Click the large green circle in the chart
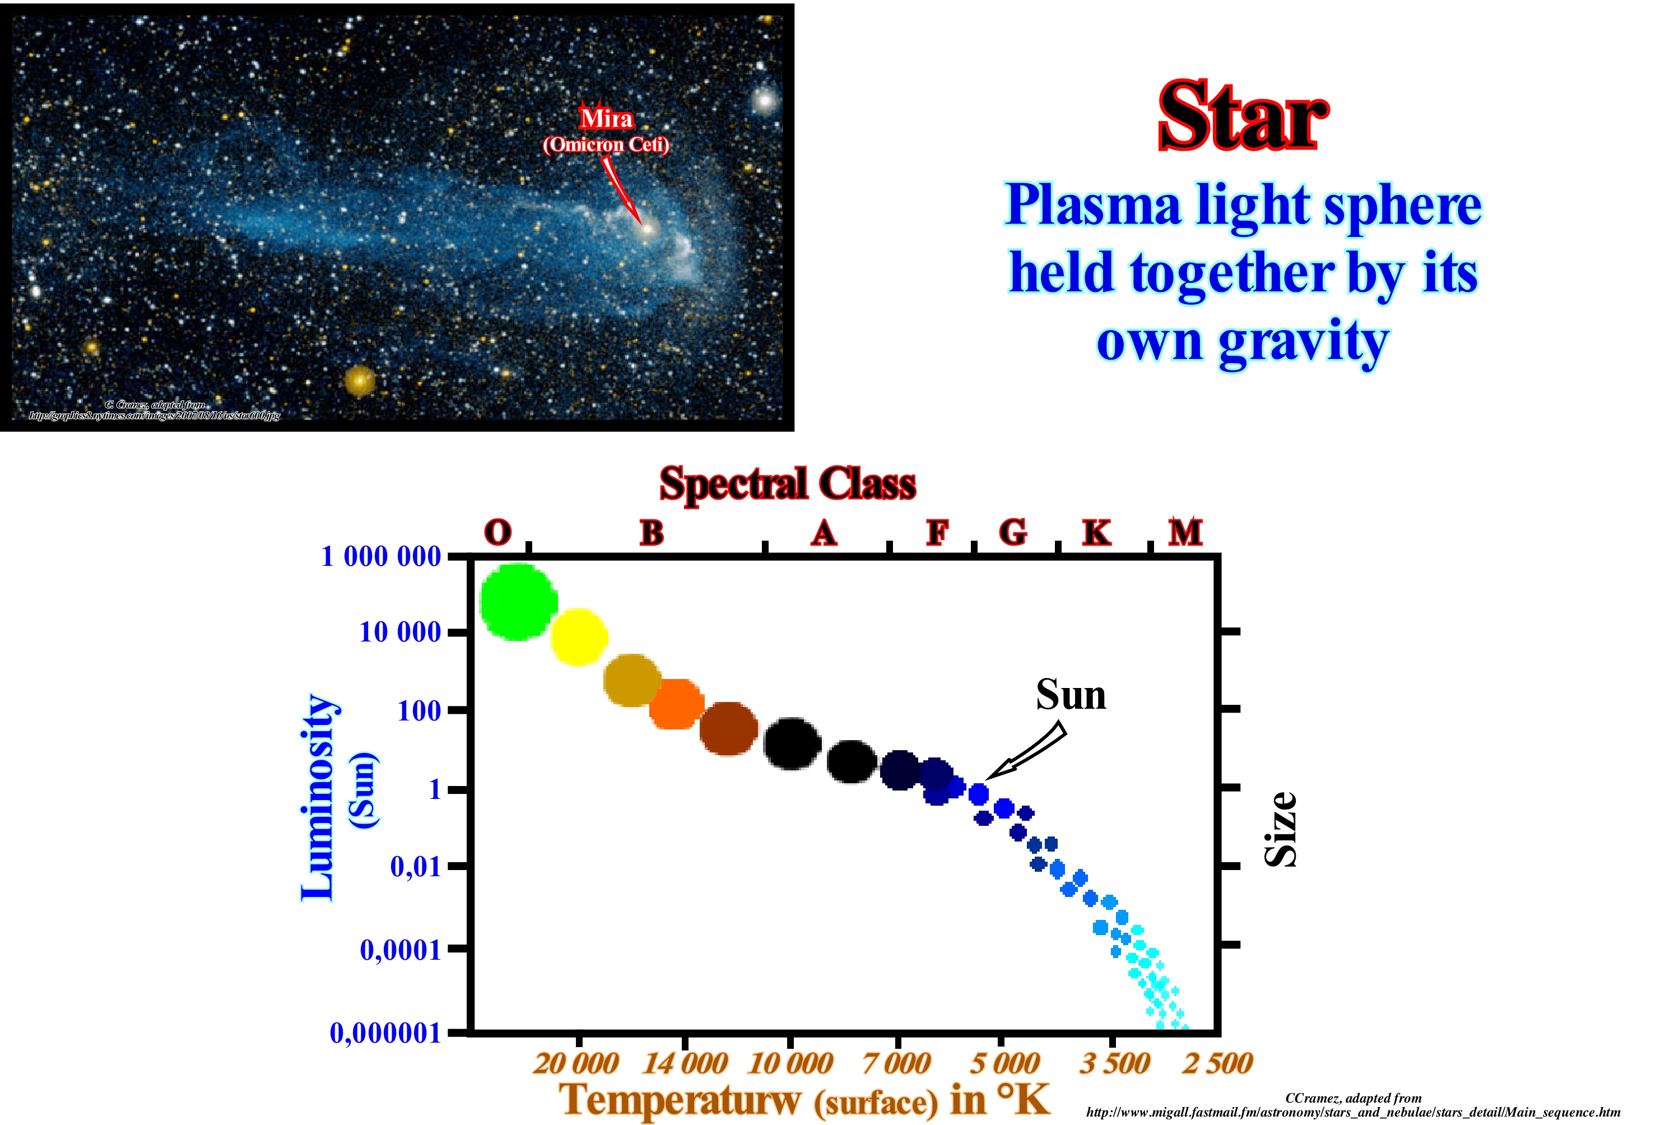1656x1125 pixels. click(519, 602)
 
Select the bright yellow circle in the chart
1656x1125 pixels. click(579, 637)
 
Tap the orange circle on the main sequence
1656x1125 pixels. click(676, 704)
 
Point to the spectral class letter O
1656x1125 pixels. click(497, 532)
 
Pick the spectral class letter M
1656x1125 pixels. click(1185, 532)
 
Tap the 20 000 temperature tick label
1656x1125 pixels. click(576, 1064)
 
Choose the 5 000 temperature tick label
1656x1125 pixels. click(1004, 1064)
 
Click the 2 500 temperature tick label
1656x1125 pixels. click(1217, 1064)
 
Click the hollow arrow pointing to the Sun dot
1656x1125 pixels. click(1026, 752)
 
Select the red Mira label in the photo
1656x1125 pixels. click(606, 118)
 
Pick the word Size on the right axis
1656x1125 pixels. click(1281, 829)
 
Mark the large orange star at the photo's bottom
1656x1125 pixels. click(360, 380)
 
